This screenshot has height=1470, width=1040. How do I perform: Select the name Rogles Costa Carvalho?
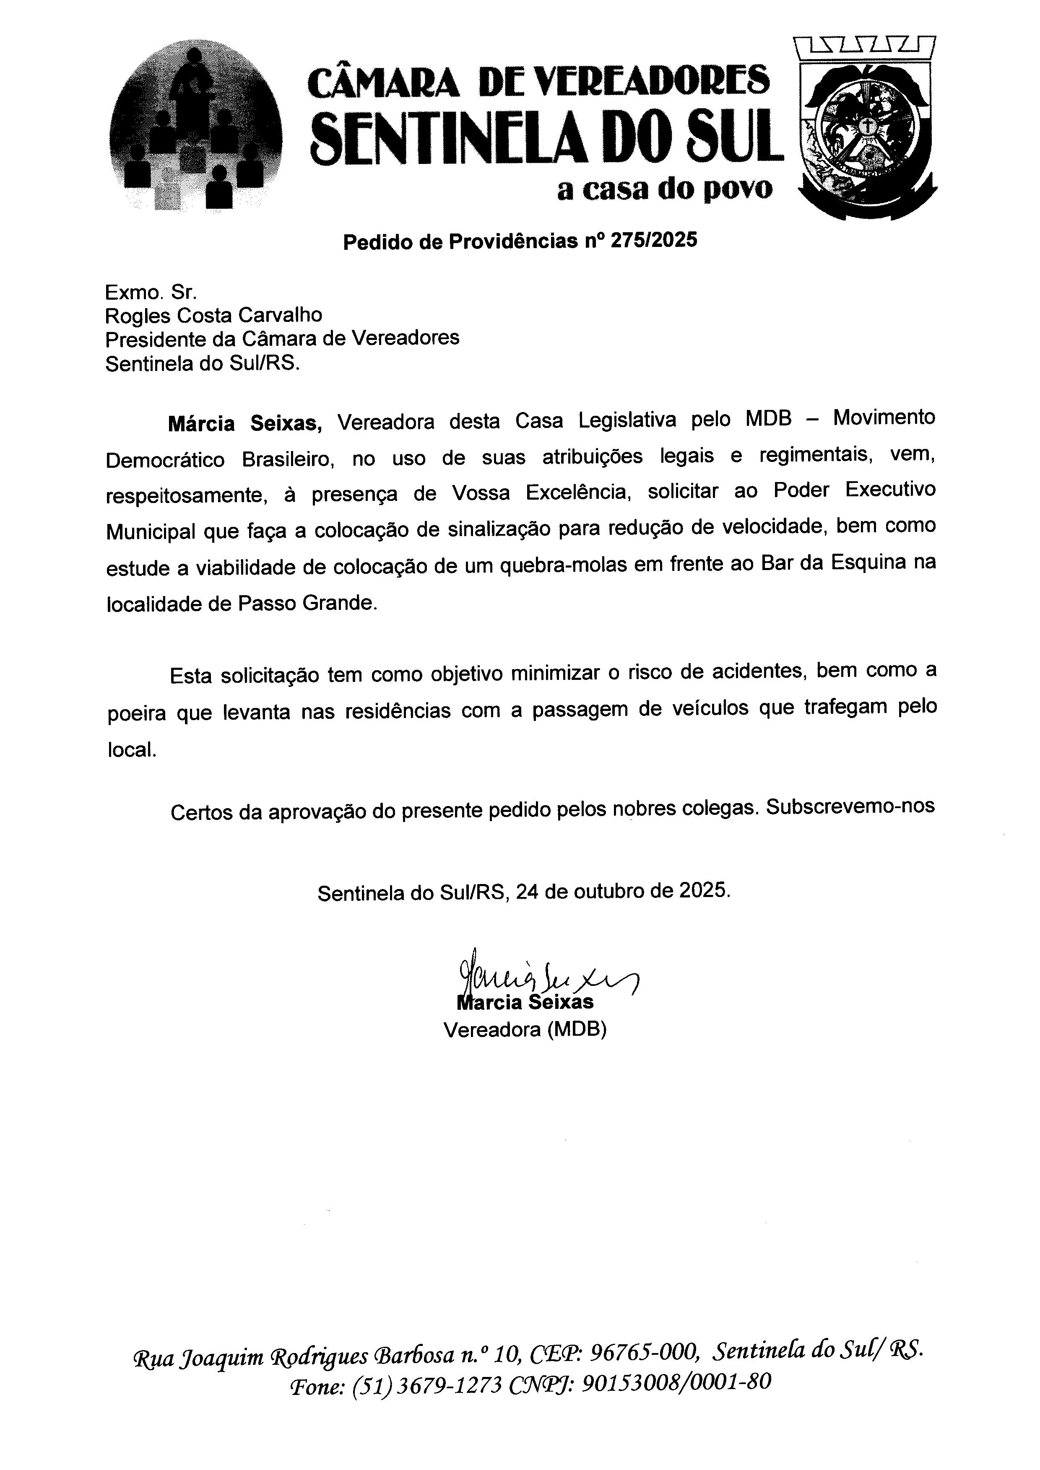point(214,315)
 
